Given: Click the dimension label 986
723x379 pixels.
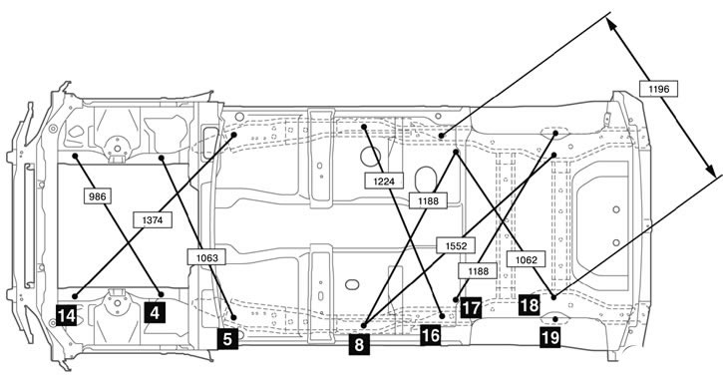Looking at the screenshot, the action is coord(98,196).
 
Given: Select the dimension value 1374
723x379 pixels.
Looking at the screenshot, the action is coord(153,220).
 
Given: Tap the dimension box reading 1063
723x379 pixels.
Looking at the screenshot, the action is coord(207,257).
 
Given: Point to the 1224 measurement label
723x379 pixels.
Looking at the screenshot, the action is coord(384,182).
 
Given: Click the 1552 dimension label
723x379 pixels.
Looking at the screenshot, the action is coord(456,245).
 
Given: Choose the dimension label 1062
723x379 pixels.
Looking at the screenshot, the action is coord(527,259).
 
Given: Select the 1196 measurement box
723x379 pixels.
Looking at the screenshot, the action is coord(658,89).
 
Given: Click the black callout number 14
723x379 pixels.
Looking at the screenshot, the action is coord(67,316).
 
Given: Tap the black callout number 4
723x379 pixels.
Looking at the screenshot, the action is coord(155,313).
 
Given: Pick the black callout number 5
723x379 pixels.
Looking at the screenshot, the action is coord(227,339).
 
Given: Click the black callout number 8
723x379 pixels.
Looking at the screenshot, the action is coord(359,344).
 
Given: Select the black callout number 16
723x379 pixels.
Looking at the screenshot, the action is coord(430,336).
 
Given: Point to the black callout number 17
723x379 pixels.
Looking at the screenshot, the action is coord(471,308).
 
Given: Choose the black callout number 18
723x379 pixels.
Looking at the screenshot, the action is coord(529,304).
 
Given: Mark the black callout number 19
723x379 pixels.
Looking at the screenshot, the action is coord(549,338).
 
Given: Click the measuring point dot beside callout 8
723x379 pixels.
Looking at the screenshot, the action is coord(363,325).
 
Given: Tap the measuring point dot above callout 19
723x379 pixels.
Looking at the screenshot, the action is coord(555,319).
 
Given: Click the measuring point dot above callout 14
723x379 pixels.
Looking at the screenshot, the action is coord(75,295).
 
